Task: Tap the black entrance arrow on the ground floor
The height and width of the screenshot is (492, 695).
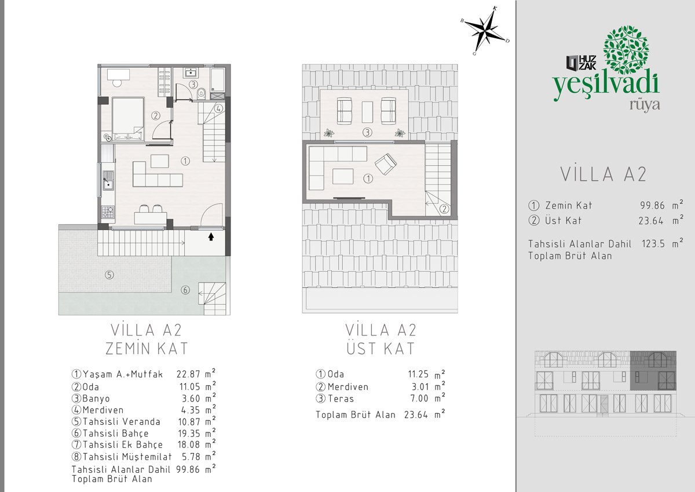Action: click(x=211, y=237)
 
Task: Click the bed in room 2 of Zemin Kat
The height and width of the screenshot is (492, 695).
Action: click(x=128, y=119)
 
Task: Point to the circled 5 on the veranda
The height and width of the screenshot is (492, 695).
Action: click(x=109, y=275)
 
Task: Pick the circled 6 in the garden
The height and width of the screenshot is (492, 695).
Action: click(x=185, y=290)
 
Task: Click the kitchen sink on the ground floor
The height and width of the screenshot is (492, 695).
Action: click(x=108, y=180)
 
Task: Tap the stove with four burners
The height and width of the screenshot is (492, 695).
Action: click(x=108, y=212)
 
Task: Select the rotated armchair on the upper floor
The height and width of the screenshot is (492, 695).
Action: click(x=385, y=164)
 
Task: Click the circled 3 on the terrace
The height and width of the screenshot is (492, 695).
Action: click(x=367, y=133)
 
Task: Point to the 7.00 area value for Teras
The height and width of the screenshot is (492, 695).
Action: click(x=419, y=398)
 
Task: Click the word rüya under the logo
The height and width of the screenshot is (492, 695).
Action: click(x=645, y=105)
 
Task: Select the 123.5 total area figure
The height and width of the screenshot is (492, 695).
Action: click(x=653, y=243)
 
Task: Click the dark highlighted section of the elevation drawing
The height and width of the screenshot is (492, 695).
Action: click(x=653, y=370)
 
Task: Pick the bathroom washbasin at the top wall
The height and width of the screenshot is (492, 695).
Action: click(x=190, y=72)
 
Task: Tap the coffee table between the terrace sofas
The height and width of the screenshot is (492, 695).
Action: click(x=367, y=112)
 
